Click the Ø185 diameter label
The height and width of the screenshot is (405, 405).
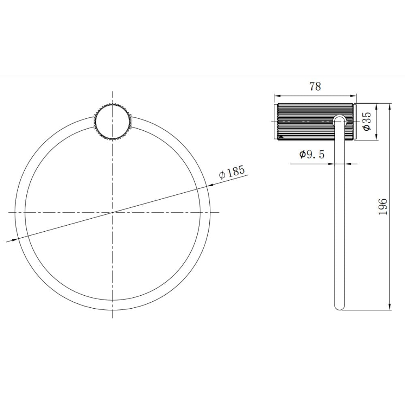(232, 172)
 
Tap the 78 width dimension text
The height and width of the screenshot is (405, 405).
(315, 87)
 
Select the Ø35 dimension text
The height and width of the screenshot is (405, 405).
(367, 121)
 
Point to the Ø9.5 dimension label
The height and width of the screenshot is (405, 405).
(312, 154)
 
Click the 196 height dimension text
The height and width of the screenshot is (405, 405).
(383, 207)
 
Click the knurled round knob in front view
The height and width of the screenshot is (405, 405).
(112, 122)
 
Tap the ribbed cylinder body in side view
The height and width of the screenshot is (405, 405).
(315, 122)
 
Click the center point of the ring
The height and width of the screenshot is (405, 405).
(113, 212)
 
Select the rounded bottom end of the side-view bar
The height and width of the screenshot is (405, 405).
(339, 306)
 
